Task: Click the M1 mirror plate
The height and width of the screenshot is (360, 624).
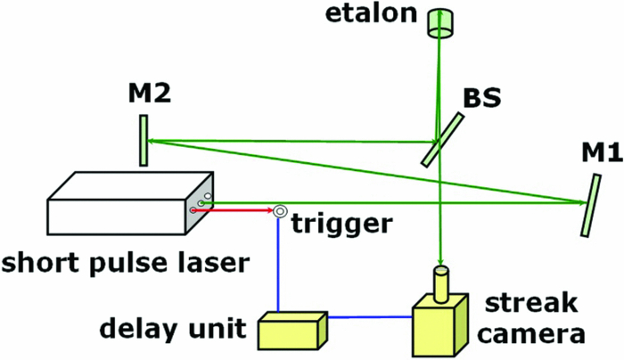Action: pos(589,204)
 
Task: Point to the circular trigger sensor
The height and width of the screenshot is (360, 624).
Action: pos(280,211)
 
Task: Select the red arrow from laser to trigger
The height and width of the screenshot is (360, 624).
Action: pos(236,211)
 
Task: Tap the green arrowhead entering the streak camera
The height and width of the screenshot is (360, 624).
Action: pos(439,258)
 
